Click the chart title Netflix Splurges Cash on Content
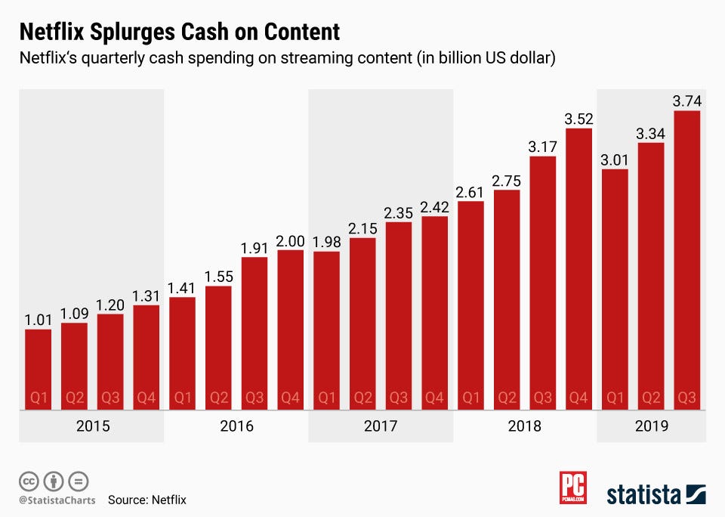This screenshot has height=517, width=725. (x=179, y=33)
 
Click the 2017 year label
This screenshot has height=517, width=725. (x=381, y=426)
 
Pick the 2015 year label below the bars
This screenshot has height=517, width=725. (x=93, y=426)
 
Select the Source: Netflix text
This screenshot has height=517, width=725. (x=147, y=500)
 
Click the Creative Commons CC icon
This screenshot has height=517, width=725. (x=29, y=481)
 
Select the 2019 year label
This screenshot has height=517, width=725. (x=652, y=426)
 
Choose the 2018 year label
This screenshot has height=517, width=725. (x=524, y=426)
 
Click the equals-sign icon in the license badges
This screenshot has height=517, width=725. (x=79, y=481)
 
